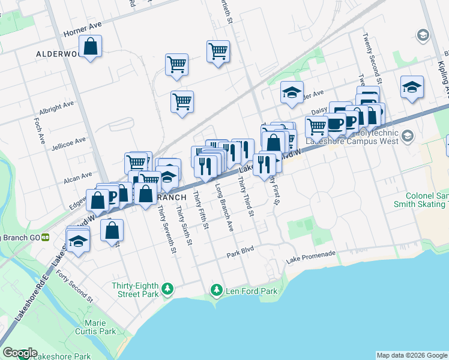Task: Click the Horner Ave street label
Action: click(83, 25)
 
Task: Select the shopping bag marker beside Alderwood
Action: click(90, 47)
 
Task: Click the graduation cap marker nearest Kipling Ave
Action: click(412, 86)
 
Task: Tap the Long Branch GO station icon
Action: click(45, 238)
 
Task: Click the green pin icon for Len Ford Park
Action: click(217, 290)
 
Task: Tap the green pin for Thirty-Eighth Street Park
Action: click(169, 289)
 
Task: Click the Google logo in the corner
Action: click(20, 353)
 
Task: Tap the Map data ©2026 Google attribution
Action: click(412, 355)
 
